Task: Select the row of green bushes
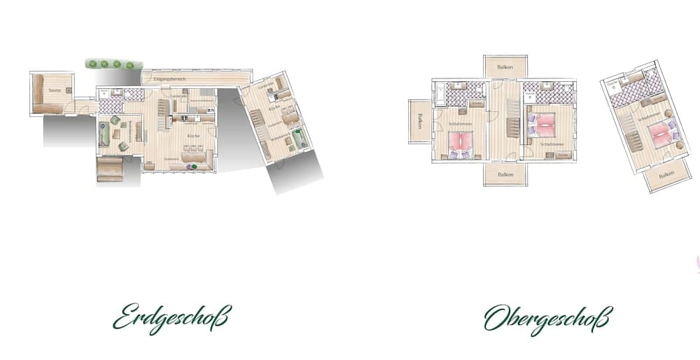click(111, 64)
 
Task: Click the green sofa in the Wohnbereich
click(104, 133)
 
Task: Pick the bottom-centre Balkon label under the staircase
click(505, 174)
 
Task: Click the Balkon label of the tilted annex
click(665, 174)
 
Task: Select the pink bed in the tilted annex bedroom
click(661, 134)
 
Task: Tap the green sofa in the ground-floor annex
click(300, 139)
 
